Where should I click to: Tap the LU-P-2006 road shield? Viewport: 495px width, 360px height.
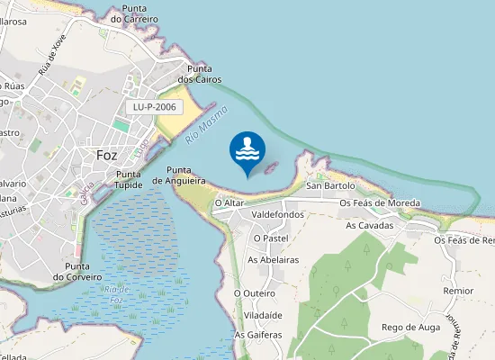[x=155, y=106]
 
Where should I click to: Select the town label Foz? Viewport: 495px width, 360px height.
[x=106, y=155]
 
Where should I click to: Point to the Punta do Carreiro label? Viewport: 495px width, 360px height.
[x=134, y=13]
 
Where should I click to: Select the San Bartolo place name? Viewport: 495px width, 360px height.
[x=331, y=186]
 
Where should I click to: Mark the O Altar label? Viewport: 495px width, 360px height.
[x=229, y=203]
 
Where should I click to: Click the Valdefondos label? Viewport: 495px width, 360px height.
[x=278, y=215]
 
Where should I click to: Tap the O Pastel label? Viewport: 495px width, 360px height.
[x=270, y=238]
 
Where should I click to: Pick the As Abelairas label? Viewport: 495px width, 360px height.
[x=273, y=259]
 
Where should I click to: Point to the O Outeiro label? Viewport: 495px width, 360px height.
[x=254, y=292]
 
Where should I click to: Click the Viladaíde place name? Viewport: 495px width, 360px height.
[x=257, y=317]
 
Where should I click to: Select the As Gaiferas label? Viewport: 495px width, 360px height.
[x=258, y=335]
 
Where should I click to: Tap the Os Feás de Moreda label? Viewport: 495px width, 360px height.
[x=380, y=203]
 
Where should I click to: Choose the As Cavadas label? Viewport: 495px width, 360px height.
[x=370, y=225]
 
